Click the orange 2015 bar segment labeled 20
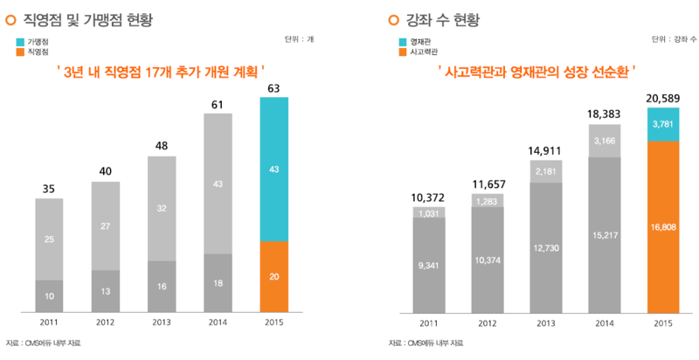(274, 275)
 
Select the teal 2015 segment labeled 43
(274, 169)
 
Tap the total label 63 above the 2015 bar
(274, 88)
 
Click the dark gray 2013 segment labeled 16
(162, 286)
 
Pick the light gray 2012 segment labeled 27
(106, 226)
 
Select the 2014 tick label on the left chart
(218, 322)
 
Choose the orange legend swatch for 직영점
(20, 52)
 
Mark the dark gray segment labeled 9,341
(428, 264)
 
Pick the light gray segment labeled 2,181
(545, 170)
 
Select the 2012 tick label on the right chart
(487, 322)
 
